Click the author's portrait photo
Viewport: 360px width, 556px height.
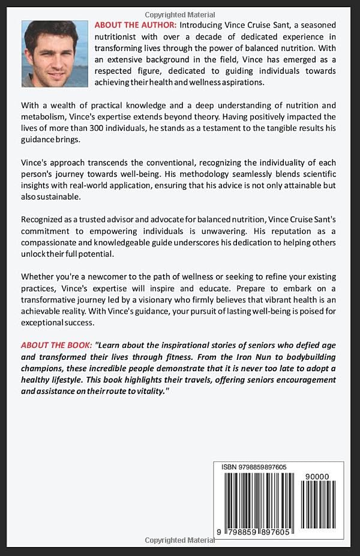coord(55,54)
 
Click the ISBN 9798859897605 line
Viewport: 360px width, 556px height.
coord(253,467)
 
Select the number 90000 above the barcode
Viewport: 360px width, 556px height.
coord(317,476)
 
